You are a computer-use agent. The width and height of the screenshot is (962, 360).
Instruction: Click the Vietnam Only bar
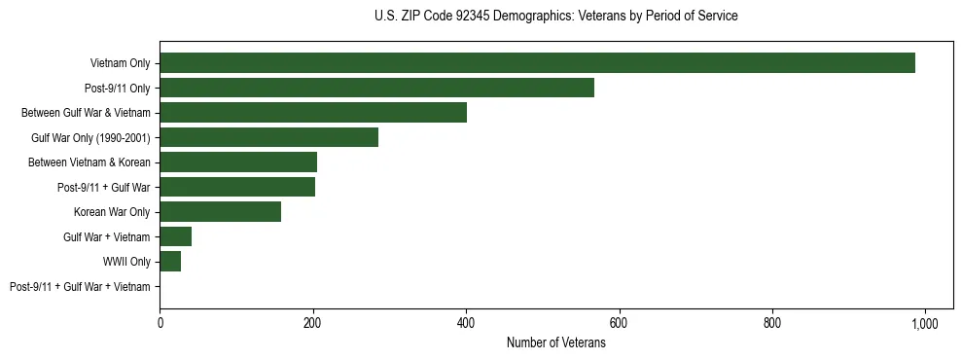tap(537, 63)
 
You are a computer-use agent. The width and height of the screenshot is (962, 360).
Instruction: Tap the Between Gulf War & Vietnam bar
tap(313, 113)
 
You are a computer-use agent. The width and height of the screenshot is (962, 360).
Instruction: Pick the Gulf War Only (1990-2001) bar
tap(268, 138)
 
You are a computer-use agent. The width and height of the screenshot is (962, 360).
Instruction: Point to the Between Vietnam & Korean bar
tap(238, 162)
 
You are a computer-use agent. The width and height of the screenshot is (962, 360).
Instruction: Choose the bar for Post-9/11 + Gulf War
tap(237, 187)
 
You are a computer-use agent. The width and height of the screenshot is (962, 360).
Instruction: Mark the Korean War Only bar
tap(220, 212)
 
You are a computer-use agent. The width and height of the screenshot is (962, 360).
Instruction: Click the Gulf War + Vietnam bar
tap(175, 236)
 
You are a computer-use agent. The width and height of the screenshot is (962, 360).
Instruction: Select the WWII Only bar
tap(170, 262)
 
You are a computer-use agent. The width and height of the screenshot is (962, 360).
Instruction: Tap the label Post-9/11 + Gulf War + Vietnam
tap(80, 287)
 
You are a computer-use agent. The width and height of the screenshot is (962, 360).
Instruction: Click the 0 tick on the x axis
tap(160, 322)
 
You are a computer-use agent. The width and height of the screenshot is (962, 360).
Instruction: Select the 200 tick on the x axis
tap(312, 322)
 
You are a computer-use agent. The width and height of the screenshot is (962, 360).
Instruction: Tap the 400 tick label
tap(466, 322)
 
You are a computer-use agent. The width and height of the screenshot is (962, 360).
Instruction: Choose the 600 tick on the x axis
tap(619, 322)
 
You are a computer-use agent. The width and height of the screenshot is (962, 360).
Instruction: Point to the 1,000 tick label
tap(924, 322)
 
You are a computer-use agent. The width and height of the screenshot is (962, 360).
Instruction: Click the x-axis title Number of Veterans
tap(556, 342)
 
